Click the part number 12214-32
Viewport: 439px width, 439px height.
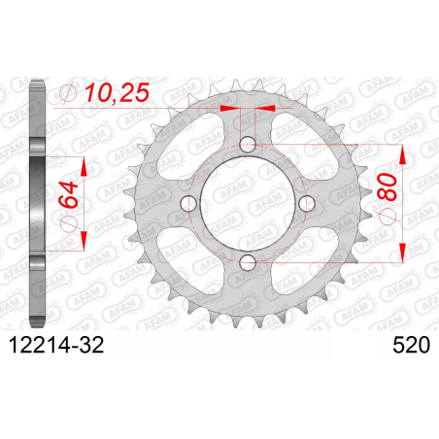point(56,345)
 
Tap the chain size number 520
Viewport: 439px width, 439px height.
point(412,345)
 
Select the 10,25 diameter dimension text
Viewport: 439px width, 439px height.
point(118,92)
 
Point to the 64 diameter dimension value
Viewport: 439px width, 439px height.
point(69,194)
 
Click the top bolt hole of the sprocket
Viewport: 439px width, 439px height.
point(248,144)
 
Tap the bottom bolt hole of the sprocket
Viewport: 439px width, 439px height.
point(248,262)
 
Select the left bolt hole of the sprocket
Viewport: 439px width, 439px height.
point(188,203)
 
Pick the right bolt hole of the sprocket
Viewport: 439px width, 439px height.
point(307,203)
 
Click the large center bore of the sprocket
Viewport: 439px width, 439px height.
point(248,203)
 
